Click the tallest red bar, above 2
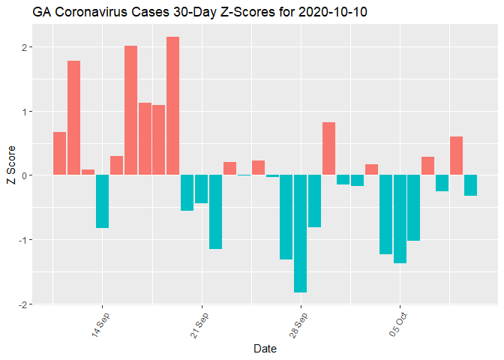coord(173,106)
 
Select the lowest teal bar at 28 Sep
coord(301,233)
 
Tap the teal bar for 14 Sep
coord(102,201)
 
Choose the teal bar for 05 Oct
coord(400,219)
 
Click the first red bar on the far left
coord(59,154)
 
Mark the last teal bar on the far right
coord(470,185)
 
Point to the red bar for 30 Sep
coord(328,148)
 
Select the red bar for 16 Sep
coord(130,110)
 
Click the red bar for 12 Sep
coord(73,118)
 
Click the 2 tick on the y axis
coord(25,47)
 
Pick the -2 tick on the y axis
coord(23,304)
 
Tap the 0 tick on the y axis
coord(25,175)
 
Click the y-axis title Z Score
coord(10,175)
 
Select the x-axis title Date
coord(265,349)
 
